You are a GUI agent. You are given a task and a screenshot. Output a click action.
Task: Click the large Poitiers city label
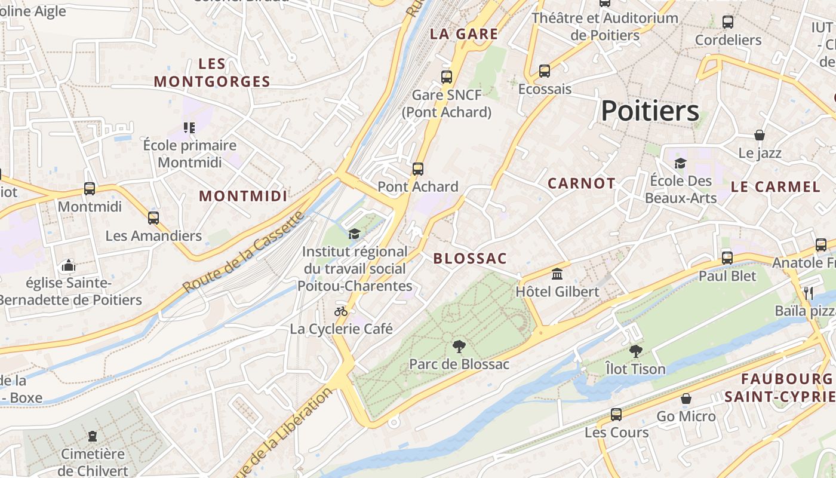tap(650, 111)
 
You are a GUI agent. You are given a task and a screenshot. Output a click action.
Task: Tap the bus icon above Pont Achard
tap(418, 169)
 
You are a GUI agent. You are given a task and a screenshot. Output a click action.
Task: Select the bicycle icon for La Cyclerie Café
tap(341, 311)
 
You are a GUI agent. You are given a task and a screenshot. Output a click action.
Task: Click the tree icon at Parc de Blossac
tap(459, 346)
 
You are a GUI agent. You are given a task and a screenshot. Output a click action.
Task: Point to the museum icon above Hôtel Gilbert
tap(557, 274)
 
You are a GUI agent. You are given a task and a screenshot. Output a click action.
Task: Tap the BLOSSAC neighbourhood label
tap(470, 259)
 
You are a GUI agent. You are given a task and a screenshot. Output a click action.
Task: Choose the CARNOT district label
tap(581, 183)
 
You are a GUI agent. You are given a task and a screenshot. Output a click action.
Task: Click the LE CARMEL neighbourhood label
tap(776, 186)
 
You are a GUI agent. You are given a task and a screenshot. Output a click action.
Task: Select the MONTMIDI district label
tap(243, 196)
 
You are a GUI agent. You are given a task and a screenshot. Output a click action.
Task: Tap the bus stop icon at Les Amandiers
tap(153, 218)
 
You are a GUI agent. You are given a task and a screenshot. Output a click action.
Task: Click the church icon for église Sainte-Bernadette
tap(69, 265)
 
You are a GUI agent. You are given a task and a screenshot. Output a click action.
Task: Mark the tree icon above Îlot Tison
tap(635, 351)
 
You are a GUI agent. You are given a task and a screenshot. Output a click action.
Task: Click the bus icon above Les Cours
tap(616, 414)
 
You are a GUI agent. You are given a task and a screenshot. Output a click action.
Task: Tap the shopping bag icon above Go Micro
tap(686, 399)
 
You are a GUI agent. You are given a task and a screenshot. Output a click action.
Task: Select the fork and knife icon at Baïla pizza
tap(809, 293)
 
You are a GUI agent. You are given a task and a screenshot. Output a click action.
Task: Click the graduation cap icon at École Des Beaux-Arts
tap(680, 163)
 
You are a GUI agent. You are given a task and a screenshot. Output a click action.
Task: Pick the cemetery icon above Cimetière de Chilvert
tap(93, 436)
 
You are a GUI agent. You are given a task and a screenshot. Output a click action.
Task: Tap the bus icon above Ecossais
tap(545, 71)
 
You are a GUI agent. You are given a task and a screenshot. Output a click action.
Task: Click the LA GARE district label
tap(464, 34)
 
